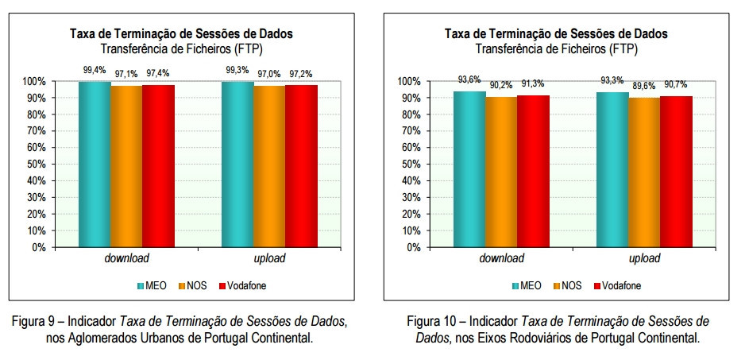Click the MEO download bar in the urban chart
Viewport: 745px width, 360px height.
coord(95,164)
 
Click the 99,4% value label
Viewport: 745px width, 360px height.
coord(95,70)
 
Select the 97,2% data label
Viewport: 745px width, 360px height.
coord(301,74)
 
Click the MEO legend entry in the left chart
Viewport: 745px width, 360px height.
coord(149,285)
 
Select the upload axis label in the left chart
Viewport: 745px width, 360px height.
coord(268,259)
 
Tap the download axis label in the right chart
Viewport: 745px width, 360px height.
coord(500,259)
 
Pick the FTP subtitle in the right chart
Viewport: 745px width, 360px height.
coord(556,48)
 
